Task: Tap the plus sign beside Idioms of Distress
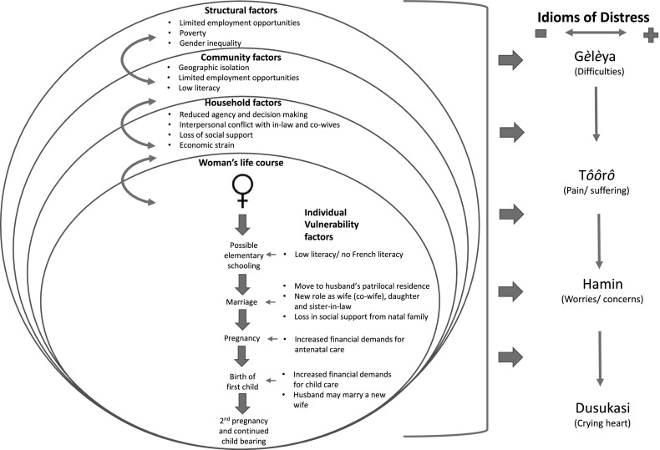tap(649, 35)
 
